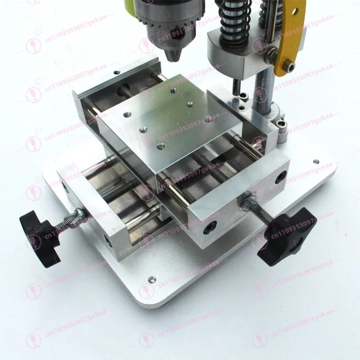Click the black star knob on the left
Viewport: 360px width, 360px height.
click(x=40, y=234)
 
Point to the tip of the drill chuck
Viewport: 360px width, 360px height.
click(x=174, y=57)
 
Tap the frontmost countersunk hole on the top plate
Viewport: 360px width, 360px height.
click(x=160, y=146)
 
